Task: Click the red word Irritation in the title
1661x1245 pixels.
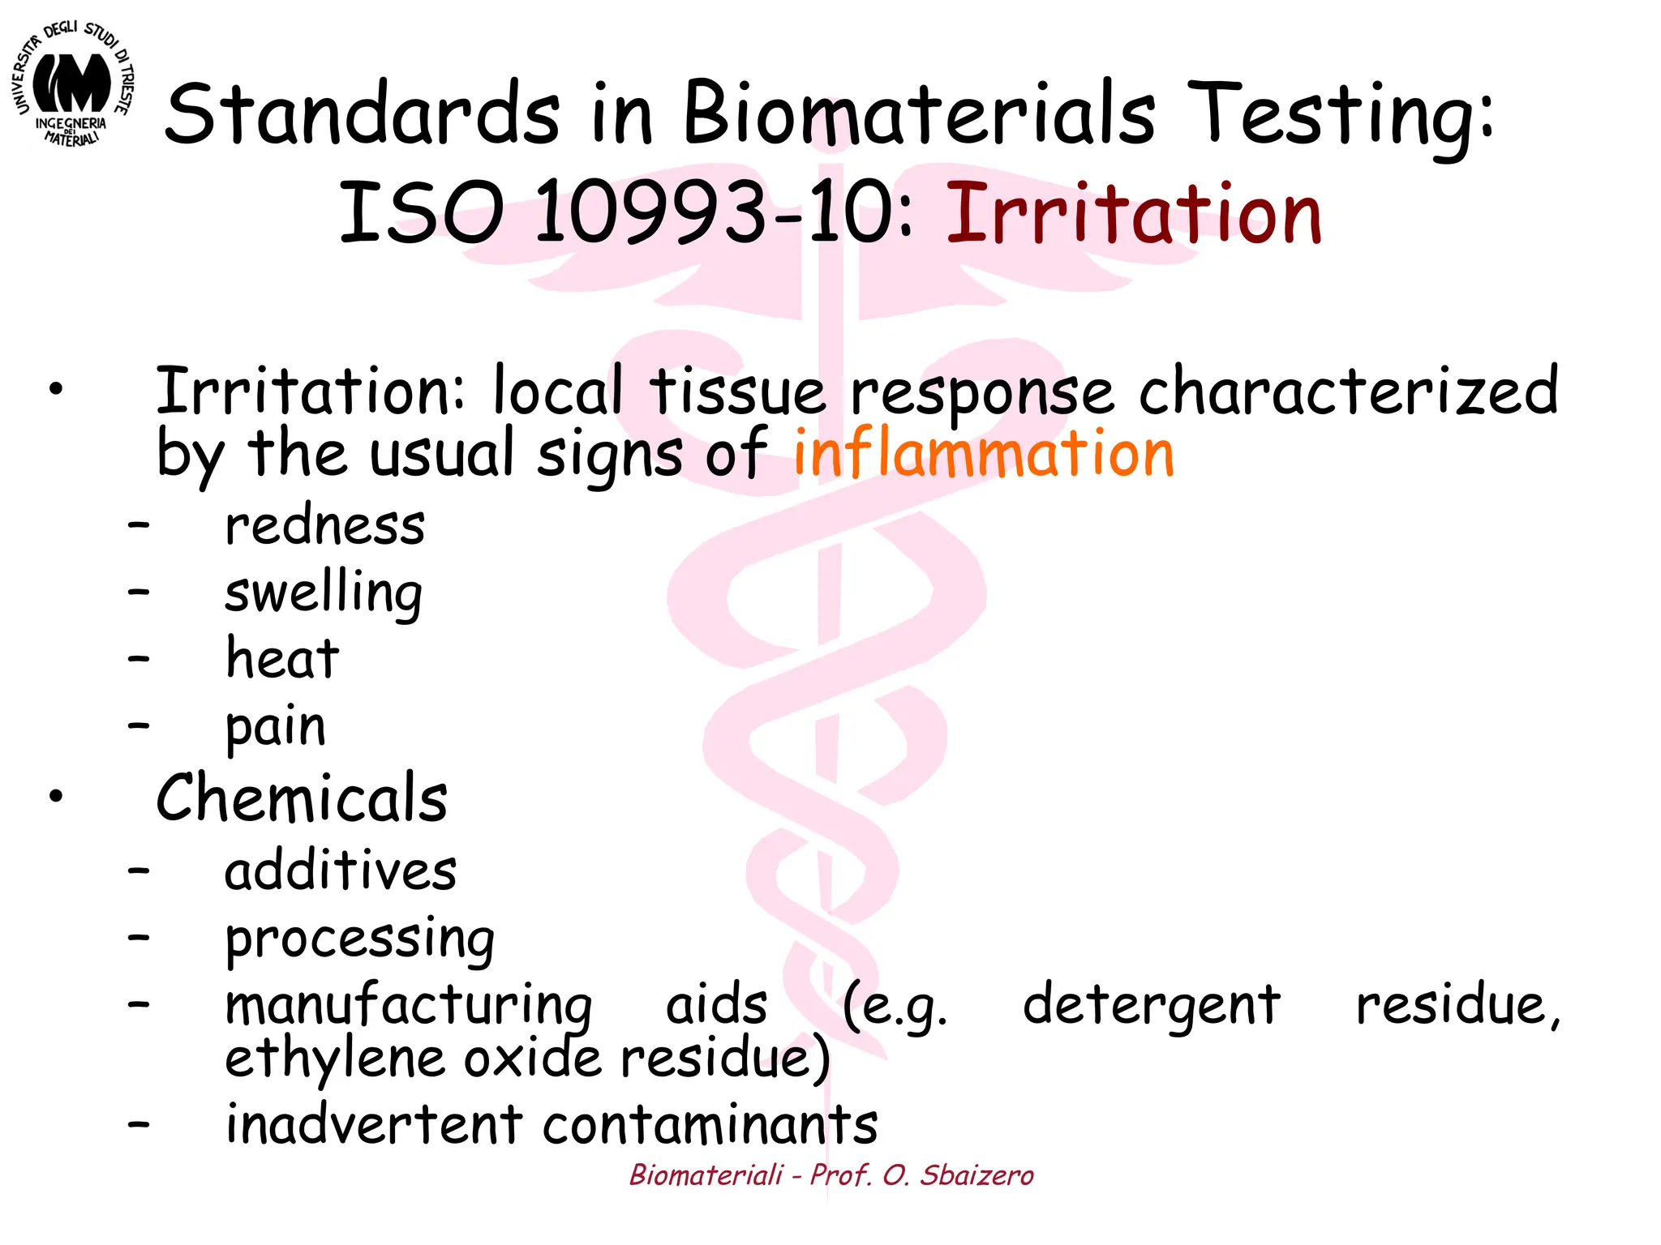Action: [x=1134, y=214]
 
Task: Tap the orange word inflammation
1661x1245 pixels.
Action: [x=983, y=453]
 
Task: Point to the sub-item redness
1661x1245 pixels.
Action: [x=324, y=526]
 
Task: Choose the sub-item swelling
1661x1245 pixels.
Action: [x=323, y=594]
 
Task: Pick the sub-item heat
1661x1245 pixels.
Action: [x=281, y=659]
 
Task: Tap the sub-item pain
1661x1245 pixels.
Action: [x=276, y=727]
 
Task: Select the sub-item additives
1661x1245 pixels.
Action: [x=341, y=871]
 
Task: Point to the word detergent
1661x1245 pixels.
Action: [x=1151, y=1005]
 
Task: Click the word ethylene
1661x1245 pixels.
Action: [x=335, y=1059]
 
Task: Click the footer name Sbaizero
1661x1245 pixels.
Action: [x=976, y=1175]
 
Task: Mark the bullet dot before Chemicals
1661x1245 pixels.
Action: [x=55, y=796]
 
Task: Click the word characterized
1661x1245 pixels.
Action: [x=1347, y=391]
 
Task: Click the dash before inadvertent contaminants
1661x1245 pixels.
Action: [x=139, y=1123]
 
